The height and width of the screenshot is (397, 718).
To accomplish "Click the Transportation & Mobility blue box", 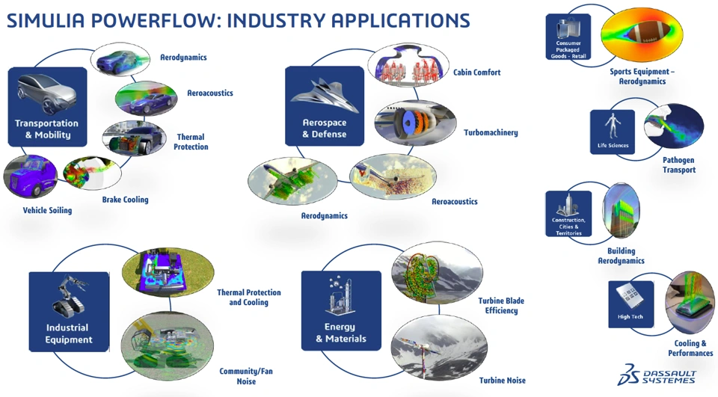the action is tap(48, 107).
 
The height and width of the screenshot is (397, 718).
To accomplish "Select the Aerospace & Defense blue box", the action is tap(325, 105).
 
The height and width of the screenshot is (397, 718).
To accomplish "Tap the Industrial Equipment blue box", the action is tap(69, 312).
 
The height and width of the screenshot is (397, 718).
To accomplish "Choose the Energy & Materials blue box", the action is tap(341, 311).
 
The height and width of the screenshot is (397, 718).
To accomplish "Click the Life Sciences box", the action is tap(613, 132).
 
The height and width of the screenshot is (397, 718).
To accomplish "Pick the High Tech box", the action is tap(630, 304).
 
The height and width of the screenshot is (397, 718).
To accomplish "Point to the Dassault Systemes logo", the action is tap(657, 375).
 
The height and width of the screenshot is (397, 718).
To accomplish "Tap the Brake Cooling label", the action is tap(125, 200).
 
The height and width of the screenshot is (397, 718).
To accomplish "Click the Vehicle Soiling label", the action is tap(48, 210).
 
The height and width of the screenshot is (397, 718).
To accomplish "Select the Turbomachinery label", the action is tap(491, 132).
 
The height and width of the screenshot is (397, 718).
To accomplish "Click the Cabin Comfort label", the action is tap(476, 73).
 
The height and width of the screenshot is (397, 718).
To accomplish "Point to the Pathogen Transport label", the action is tap(678, 164).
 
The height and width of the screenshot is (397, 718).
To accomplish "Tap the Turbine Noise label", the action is tap(503, 380).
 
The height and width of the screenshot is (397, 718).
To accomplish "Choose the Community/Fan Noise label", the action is tap(246, 376).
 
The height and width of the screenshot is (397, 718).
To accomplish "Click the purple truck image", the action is tap(30, 176).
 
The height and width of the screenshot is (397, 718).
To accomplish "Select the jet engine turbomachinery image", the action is tap(415, 123).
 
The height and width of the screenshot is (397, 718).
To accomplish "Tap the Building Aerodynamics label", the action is tap(621, 256).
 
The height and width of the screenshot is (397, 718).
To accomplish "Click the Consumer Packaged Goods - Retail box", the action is tap(568, 37).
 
